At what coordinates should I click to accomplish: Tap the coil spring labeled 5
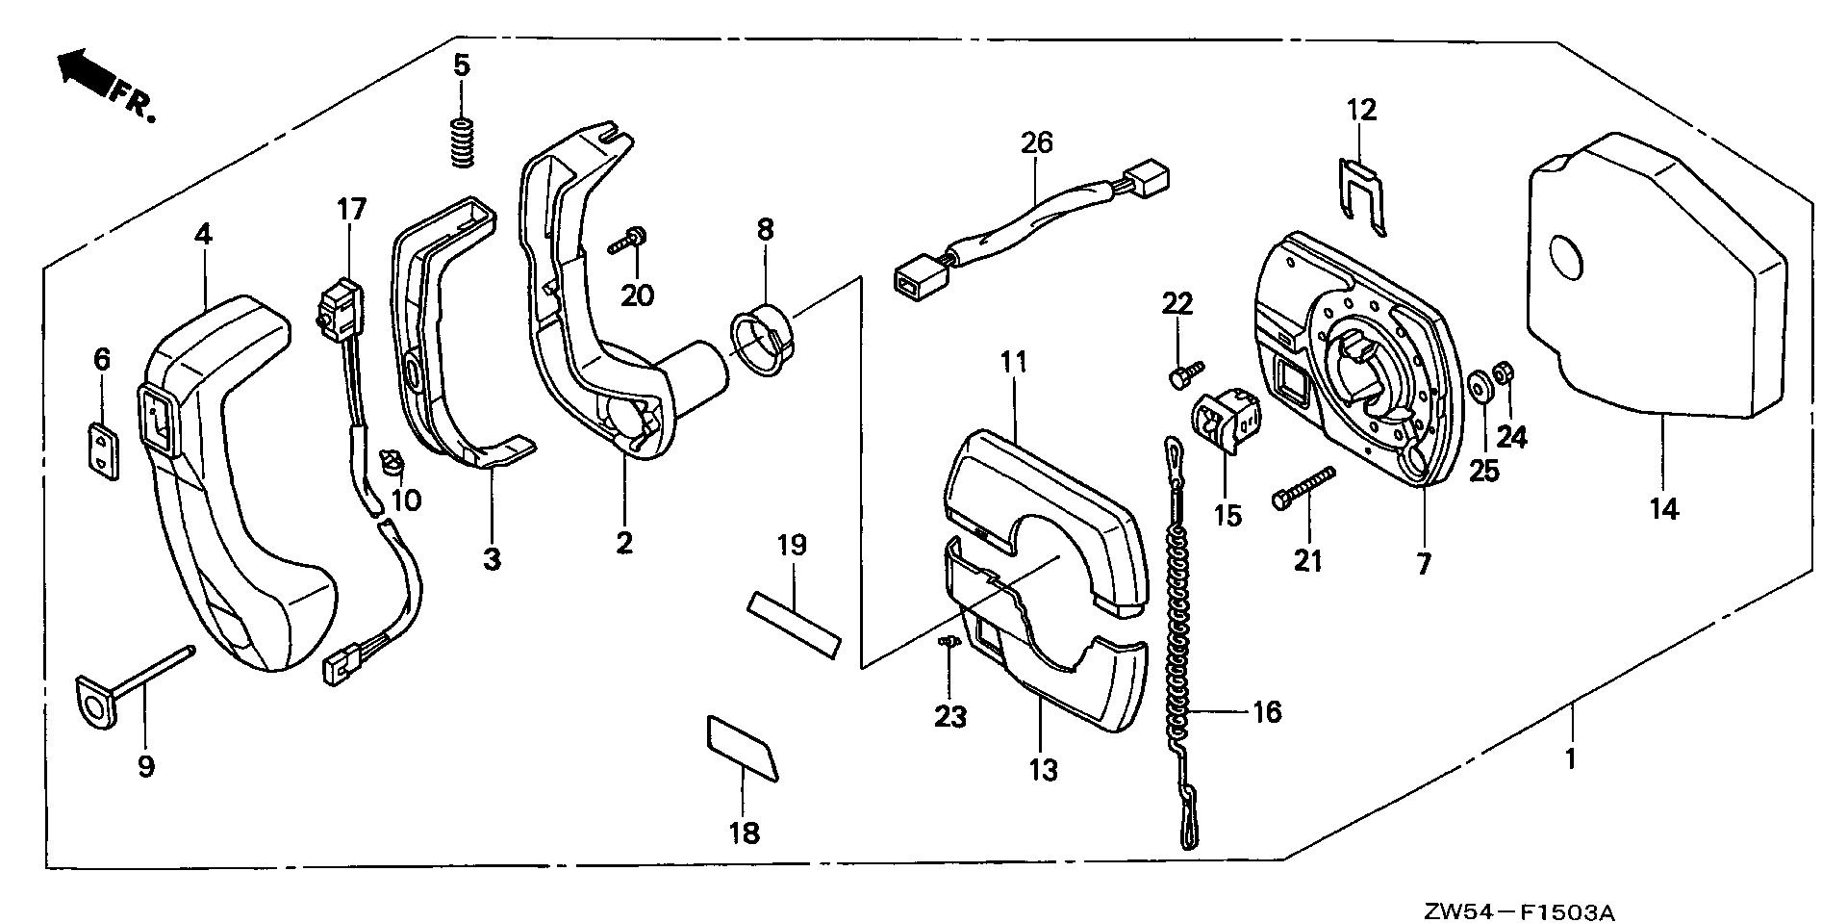tap(465, 141)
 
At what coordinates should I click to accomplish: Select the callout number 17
tap(352, 208)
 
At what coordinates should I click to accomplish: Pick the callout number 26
tap(1037, 143)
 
